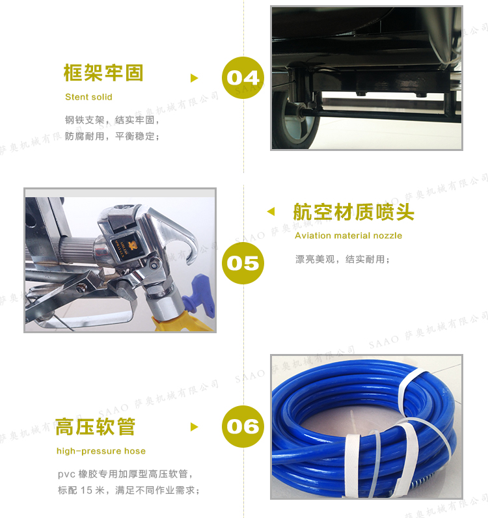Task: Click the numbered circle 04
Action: click(243, 77)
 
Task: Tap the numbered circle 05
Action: click(243, 263)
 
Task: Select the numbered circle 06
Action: click(243, 426)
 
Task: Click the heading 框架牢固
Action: click(103, 73)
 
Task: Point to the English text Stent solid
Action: click(88, 97)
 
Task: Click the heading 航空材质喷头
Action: click(353, 211)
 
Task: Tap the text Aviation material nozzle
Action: click(348, 236)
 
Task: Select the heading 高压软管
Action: click(96, 426)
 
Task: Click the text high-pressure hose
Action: click(101, 451)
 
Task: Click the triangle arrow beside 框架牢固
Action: click(195, 78)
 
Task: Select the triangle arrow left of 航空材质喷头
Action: click(271, 211)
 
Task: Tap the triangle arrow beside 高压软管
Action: click(195, 427)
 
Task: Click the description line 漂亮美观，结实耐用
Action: click(342, 260)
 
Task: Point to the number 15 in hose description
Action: click(87, 490)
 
